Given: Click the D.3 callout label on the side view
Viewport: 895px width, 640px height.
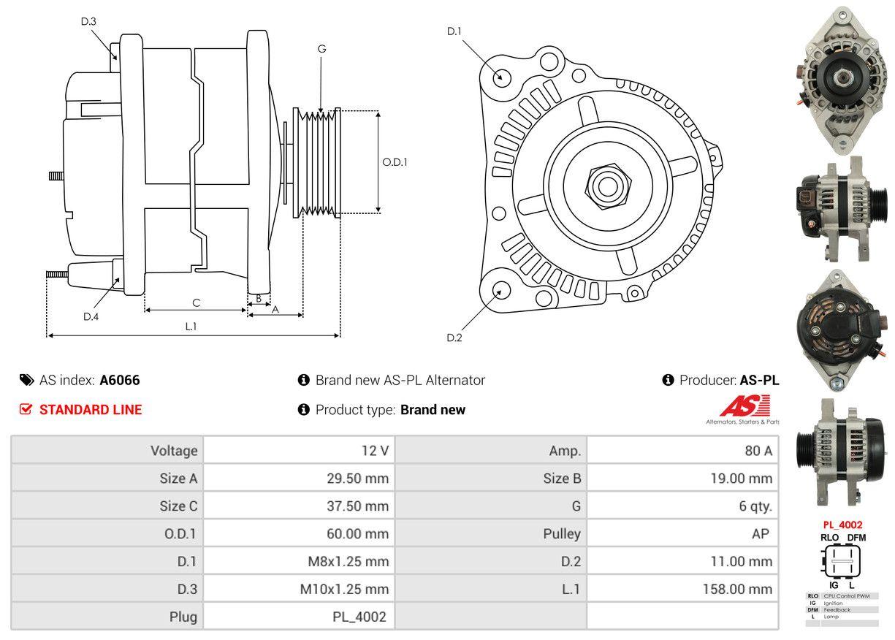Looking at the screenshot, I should [88, 21].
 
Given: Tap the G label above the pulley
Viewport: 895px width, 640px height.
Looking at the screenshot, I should [321, 49].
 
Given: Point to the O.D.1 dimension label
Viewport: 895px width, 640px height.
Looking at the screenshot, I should [395, 162].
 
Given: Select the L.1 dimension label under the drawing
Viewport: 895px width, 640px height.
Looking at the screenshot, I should [191, 327].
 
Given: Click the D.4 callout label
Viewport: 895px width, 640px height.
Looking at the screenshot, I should [91, 316].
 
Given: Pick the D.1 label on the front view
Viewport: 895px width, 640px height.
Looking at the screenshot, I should [454, 31].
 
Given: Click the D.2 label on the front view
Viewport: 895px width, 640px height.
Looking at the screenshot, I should [454, 338].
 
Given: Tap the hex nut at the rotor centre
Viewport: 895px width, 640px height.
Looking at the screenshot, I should [605, 185].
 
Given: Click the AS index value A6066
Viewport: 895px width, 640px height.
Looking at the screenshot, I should [120, 380].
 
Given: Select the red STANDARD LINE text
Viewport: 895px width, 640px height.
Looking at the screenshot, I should [91, 410].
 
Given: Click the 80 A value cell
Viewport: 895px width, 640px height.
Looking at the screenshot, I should [758, 451].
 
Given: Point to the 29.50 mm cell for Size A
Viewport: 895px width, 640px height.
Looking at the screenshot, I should [357, 479].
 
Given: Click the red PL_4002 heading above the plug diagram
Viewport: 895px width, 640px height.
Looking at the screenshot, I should [842, 525].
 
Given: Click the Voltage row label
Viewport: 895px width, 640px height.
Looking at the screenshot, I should [174, 451].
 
